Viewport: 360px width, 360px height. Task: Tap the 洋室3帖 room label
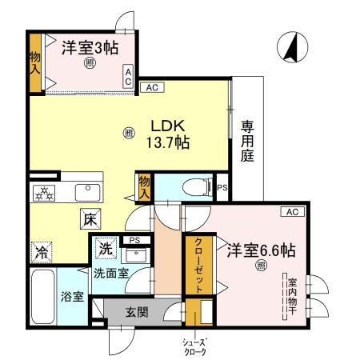pos(90,47)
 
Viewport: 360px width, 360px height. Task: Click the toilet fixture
pos(193,187)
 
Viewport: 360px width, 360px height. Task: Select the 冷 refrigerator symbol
pos(41,252)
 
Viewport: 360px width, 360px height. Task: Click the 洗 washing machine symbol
pos(105,249)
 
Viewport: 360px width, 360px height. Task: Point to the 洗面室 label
pos(110,273)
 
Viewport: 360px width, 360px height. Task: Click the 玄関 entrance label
pos(136,312)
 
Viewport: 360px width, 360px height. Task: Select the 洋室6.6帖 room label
pos(259,250)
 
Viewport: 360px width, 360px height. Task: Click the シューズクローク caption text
pos(194,346)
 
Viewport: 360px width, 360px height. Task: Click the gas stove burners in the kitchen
pos(43,192)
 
